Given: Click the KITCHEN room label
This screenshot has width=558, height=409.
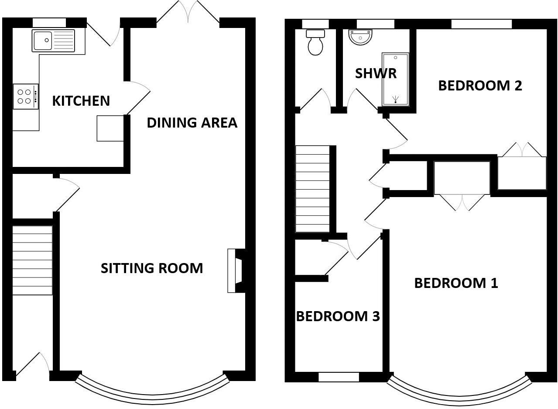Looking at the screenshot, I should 81,101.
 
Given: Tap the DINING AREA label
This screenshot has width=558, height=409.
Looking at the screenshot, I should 192,123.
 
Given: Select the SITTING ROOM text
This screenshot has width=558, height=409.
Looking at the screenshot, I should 152,268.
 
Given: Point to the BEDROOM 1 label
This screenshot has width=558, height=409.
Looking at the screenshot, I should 456,283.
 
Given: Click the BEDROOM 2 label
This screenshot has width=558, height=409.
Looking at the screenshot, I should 480,86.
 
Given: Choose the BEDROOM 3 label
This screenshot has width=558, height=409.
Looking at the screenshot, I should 338,316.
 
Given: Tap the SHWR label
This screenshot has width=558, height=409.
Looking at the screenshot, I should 376,73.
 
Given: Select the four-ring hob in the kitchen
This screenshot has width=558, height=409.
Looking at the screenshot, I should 24,97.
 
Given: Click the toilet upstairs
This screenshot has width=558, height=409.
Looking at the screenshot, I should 315,42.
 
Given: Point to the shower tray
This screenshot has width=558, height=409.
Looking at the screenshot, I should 395,80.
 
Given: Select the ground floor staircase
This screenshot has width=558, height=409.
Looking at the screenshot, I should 32,260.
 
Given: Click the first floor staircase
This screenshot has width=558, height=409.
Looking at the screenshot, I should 312,189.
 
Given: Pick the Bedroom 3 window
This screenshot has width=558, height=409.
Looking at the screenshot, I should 339,377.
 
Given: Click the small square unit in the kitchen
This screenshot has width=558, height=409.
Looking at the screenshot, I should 110,128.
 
